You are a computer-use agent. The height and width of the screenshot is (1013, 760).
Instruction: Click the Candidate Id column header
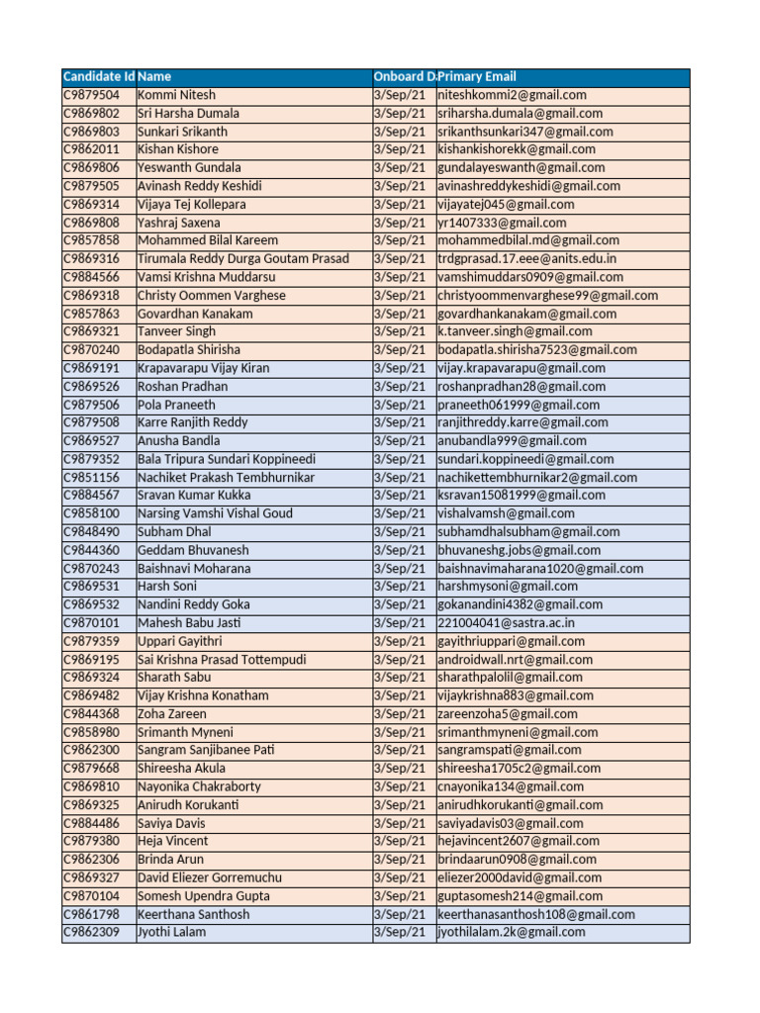pyautogui.click(x=99, y=77)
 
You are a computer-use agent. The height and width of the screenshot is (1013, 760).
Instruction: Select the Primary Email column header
pyautogui.click(x=477, y=77)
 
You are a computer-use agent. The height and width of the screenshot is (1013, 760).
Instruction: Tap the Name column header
pyautogui.click(x=154, y=77)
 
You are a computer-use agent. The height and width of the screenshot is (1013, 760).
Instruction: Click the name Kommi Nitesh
pyautogui.click(x=175, y=95)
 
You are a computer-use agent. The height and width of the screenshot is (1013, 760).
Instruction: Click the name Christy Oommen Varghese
pyautogui.click(x=212, y=295)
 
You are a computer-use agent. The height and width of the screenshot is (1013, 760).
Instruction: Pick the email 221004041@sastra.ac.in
pyautogui.click(x=506, y=623)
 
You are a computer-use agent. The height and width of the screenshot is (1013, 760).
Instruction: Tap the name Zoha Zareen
pyautogui.click(x=172, y=714)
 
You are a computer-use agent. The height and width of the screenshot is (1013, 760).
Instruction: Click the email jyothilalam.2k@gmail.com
pyautogui.click(x=512, y=932)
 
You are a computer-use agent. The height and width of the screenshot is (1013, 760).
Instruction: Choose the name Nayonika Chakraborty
pyautogui.click(x=200, y=786)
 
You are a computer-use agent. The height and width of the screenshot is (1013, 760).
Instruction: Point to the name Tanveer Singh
pyautogui.click(x=176, y=331)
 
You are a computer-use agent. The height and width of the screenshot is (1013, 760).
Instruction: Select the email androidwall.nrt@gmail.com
pyautogui.click(x=516, y=660)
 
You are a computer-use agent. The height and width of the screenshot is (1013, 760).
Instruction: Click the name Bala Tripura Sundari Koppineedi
pyautogui.click(x=227, y=459)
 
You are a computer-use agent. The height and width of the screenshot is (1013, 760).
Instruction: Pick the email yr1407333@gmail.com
pyautogui.click(x=502, y=223)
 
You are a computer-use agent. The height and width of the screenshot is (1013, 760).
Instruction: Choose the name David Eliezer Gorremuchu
pyautogui.click(x=210, y=877)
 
